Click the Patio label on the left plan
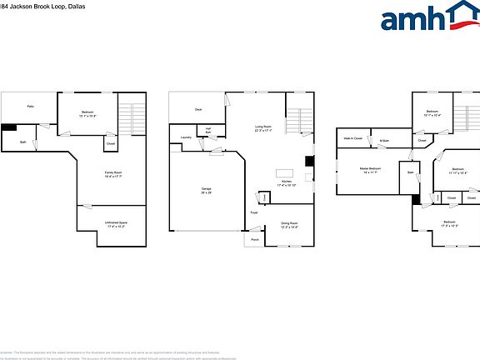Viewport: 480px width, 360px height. pyautogui.click(x=30, y=107)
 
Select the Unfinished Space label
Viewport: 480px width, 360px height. pyautogui.click(x=115, y=223)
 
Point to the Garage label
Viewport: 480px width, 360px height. pyautogui.click(x=205, y=191)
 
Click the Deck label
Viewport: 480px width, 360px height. pyautogui.click(x=198, y=109)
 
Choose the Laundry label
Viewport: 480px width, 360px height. pyautogui.click(x=186, y=137)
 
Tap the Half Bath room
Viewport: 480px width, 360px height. pyautogui.click(x=208, y=131)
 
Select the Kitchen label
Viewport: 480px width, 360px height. pyautogui.click(x=286, y=182)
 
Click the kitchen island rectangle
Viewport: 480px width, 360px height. pyautogui.click(x=285, y=172)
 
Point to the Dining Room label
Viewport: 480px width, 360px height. pyautogui.click(x=289, y=224)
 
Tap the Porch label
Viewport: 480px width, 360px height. pyautogui.click(x=255, y=239)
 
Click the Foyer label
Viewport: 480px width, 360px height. pyautogui.click(x=254, y=214)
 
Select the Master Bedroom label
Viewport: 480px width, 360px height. pyautogui.click(x=370, y=169)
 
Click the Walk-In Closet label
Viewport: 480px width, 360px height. pyautogui.click(x=352, y=137)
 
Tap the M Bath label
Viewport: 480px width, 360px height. pyautogui.click(x=384, y=141)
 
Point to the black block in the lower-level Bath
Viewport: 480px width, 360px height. pyautogui.click(x=9, y=127)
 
